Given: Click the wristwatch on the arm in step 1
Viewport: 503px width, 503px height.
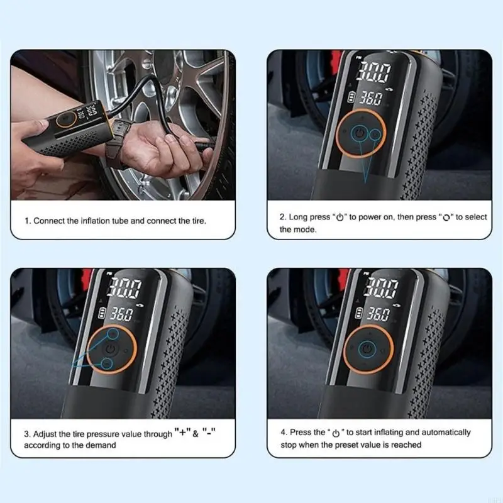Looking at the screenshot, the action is (119, 141).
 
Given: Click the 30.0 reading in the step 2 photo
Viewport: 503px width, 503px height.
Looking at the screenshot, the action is (375, 71).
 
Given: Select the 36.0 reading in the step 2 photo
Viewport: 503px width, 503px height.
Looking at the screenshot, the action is (371, 98).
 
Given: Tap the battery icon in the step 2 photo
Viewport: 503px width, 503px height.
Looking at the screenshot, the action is (351, 97).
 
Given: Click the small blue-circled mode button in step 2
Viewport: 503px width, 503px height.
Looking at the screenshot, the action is (375, 135).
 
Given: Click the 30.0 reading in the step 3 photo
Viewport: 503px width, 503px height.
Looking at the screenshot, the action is (124, 287).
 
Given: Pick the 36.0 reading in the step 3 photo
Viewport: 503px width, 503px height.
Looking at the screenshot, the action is (121, 314).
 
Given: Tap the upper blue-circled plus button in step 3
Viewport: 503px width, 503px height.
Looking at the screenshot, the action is (113, 334).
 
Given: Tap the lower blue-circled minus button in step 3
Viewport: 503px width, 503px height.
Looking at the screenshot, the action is (107, 364).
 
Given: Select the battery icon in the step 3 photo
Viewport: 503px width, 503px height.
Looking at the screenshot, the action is (102, 313).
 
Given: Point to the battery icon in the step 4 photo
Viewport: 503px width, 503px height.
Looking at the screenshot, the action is (358, 313).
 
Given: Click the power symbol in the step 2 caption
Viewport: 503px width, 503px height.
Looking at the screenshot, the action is (340, 218).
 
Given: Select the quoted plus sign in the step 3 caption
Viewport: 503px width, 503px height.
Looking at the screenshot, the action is (182, 432).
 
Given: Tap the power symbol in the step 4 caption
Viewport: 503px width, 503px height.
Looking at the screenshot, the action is (336, 433).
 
